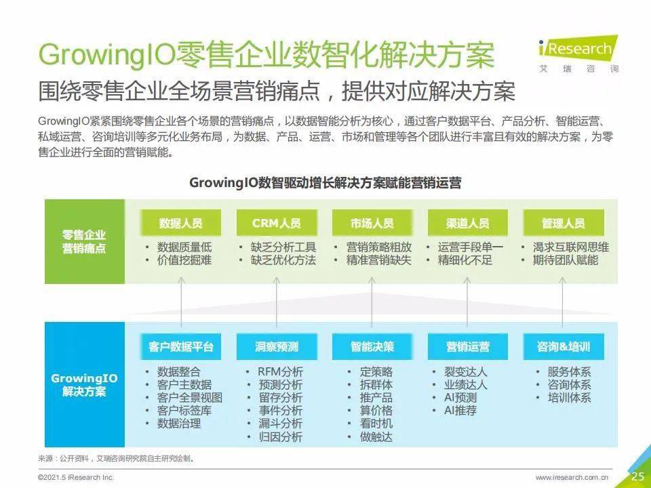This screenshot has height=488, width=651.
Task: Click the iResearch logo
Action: [x=578, y=55]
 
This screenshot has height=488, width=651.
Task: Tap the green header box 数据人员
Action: [x=180, y=223]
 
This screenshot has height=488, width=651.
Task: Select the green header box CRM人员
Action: [x=277, y=223]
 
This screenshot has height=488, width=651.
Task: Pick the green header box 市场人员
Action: [x=372, y=223]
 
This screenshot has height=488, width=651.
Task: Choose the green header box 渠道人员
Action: [x=467, y=223]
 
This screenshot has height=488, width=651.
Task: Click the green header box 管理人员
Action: [x=564, y=223]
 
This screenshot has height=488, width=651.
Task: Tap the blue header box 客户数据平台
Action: [x=180, y=346]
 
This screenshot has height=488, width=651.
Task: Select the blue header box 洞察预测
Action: [x=277, y=346]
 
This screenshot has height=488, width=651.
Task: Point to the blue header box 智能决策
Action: [x=372, y=346]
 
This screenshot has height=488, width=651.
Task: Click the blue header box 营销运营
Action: [x=467, y=346]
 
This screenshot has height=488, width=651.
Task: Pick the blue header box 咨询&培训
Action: [x=564, y=346]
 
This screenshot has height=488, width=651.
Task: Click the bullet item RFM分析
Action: [x=280, y=372]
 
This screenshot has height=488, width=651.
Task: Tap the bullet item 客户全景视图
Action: [x=190, y=398]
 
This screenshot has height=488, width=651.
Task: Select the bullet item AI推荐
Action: [x=460, y=411]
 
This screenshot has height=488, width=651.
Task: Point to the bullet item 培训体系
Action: [x=569, y=398]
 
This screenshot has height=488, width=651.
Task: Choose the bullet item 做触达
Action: [x=376, y=436]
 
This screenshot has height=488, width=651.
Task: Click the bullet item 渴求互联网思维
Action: [x=571, y=247]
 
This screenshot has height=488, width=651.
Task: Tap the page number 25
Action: [x=638, y=476]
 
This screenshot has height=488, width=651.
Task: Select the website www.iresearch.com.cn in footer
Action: [x=572, y=478]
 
